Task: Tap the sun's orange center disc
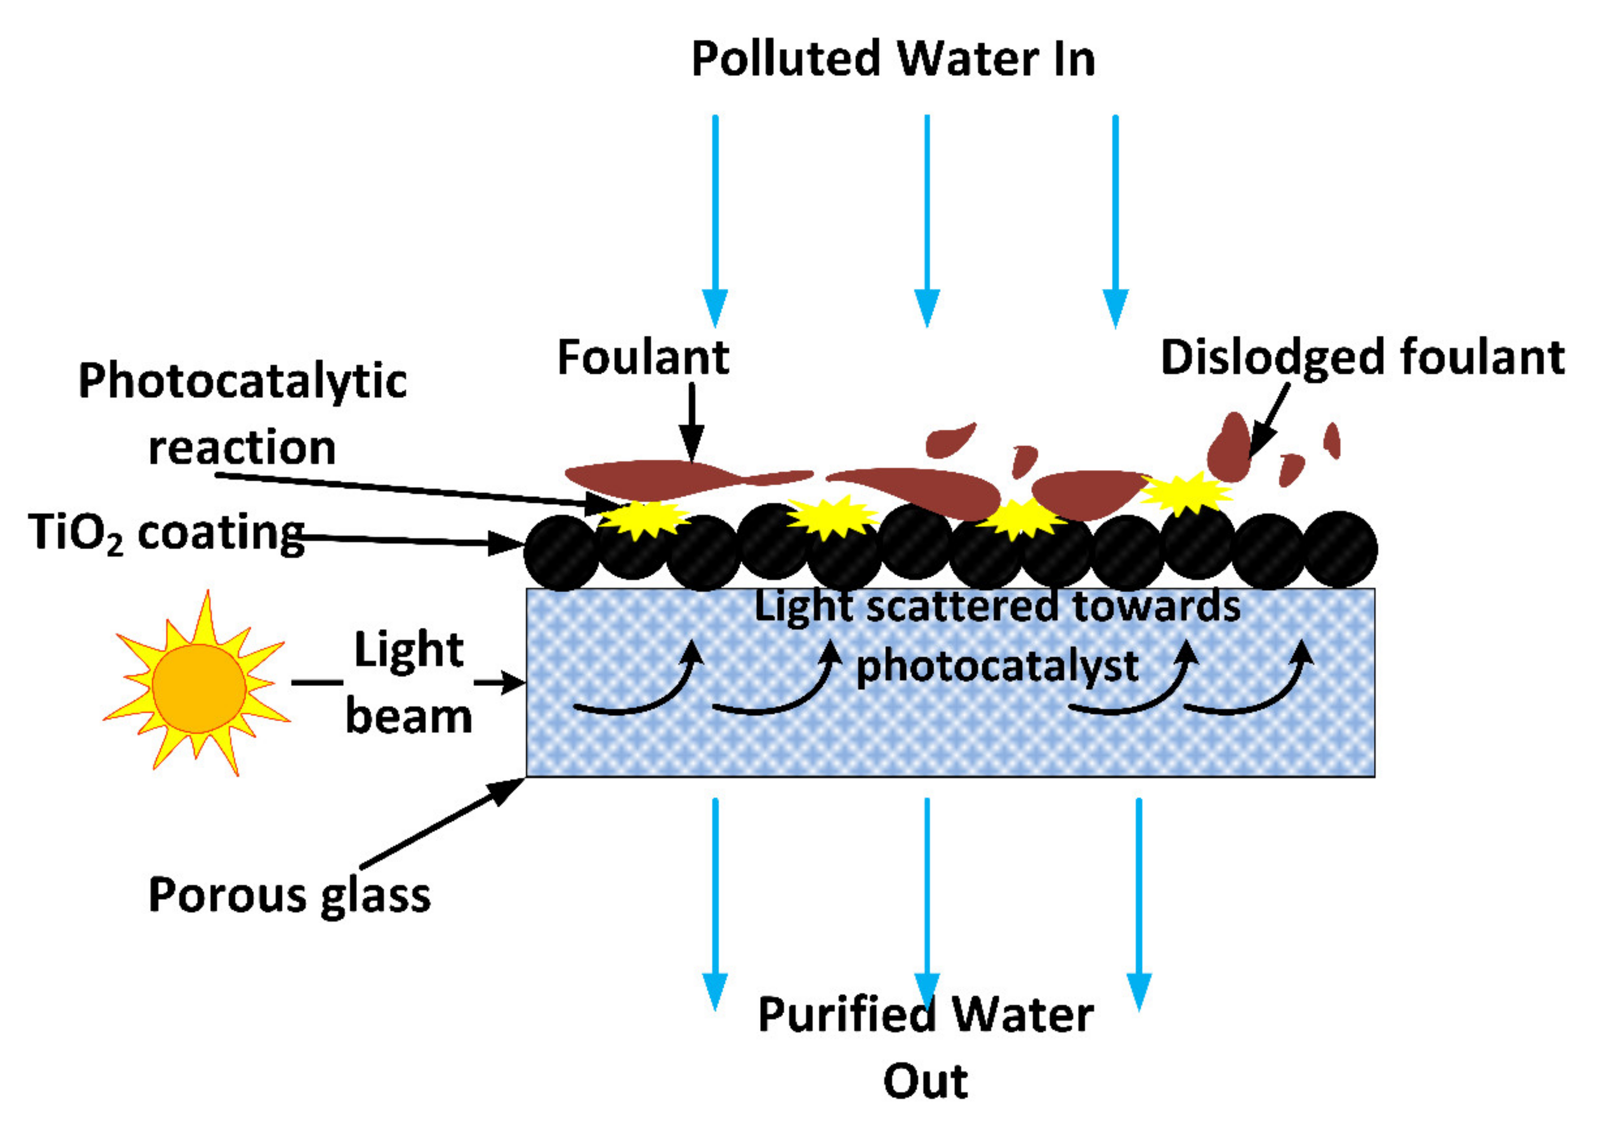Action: (199, 689)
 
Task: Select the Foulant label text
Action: (643, 357)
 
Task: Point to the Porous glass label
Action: (289, 895)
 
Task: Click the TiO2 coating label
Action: (166, 532)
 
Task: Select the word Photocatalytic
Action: (242, 382)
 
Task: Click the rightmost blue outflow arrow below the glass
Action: (1139, 904)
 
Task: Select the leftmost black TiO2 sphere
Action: (562, 553)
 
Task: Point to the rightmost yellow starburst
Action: (1184, 492)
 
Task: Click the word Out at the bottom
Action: (925, 1081)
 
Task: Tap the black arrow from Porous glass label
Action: (442, 822)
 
